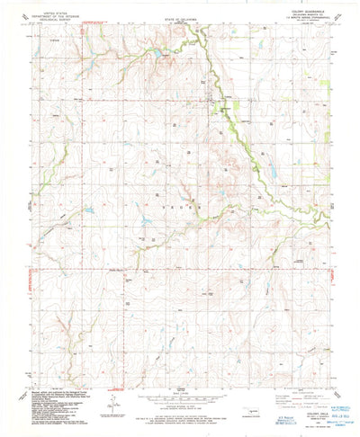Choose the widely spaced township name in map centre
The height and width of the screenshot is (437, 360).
click(x=180, y=206)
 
